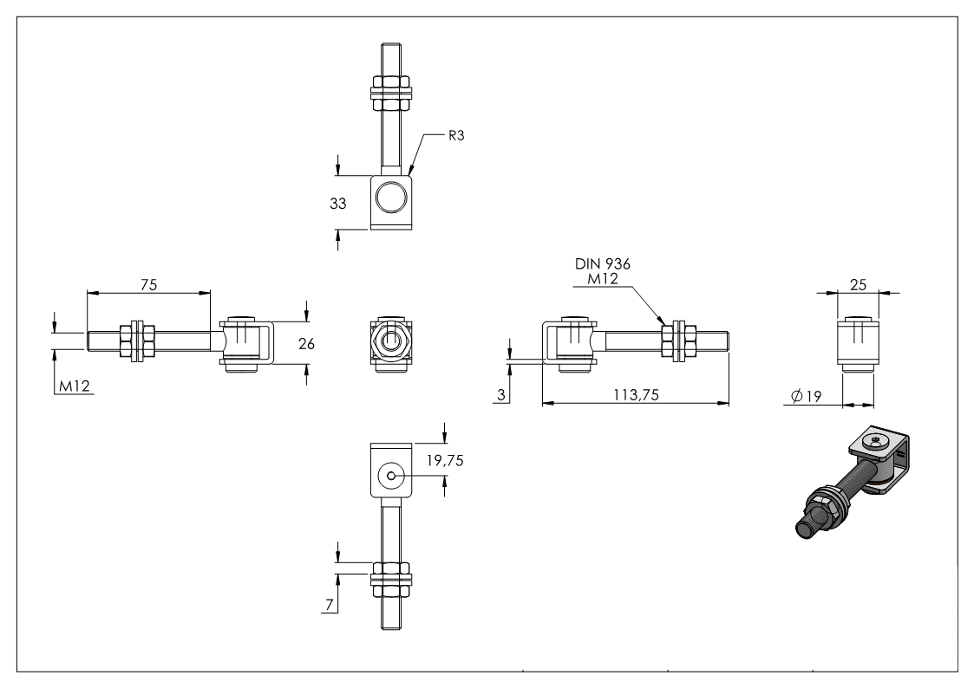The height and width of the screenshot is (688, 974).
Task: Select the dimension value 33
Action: [x=337, y=204]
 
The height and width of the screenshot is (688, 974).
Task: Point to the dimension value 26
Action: [x=305, y=343]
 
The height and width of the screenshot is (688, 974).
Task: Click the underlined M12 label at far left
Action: [x=75, y=386]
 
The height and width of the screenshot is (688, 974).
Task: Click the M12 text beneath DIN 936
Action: [x=592, y=278]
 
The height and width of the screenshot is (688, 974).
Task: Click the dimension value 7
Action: [x=329, y=603]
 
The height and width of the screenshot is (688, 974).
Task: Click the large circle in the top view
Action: [x=392, y=198]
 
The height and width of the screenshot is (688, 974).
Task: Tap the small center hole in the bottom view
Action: [x=392, y=475]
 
